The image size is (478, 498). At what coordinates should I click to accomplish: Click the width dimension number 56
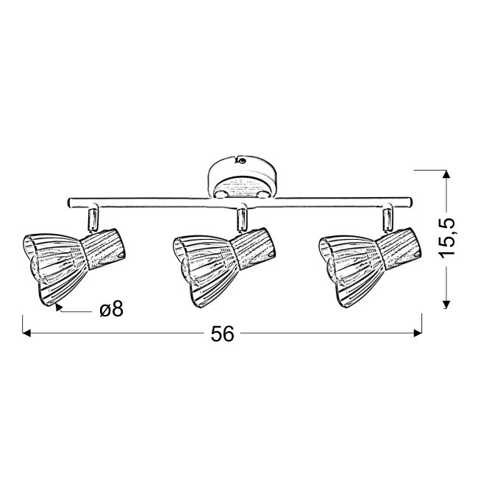(x=222, y=333)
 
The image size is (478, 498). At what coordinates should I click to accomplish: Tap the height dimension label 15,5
(x=447, y=237)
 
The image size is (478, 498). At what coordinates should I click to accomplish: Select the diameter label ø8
(x=112, y=309)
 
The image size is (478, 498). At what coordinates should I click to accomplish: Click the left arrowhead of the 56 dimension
(x=26, y=333)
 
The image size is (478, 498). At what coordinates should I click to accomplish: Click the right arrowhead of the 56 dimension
(x=418, y=333)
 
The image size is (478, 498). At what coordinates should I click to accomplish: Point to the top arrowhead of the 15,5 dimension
(x=446, y=174)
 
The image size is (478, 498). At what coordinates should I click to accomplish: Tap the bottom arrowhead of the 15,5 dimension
(x=446, y=305)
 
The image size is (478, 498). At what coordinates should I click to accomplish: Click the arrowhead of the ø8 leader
(x=58, y=307)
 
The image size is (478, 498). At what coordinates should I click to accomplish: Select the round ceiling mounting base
(x=243, y=178)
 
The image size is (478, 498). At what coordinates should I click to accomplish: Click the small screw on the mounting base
(x=243, y=160)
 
